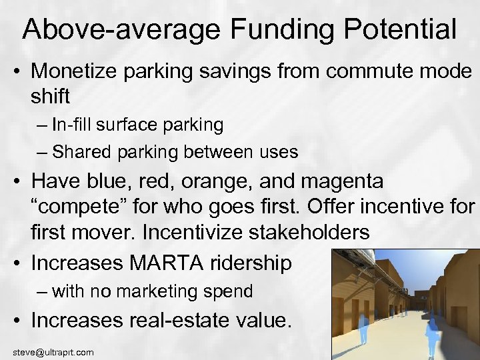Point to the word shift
50,96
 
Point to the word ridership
251,263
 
